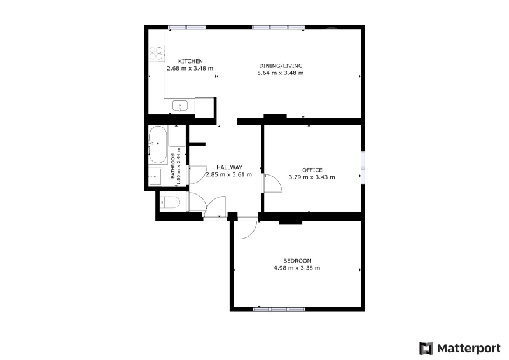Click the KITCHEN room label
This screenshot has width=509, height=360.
coord(190,61)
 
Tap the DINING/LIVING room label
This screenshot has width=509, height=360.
coord(281,66)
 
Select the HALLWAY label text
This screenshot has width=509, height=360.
coord(229,167)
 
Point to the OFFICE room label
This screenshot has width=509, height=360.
coord(312,170)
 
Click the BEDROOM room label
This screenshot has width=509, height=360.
coord(297,260)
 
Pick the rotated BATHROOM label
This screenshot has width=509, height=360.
coord(173,166)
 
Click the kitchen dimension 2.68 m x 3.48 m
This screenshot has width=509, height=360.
coord(190,68)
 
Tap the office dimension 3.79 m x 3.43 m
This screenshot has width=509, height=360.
coord(312,177)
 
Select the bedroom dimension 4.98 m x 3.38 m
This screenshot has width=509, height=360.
coord(297,268)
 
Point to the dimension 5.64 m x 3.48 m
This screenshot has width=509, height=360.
coord(281,73)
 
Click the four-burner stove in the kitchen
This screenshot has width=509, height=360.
coord(156,53)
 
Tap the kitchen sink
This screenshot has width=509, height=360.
coord(180,106)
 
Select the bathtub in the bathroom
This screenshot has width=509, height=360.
coord(158,144)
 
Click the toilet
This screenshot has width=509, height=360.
coord(170,202)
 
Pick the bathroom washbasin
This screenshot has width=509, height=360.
coord(155,177)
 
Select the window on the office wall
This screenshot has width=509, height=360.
coord(363,168)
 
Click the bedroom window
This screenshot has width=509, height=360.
coord(279,309)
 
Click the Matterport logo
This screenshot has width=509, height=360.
coord(459,349)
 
